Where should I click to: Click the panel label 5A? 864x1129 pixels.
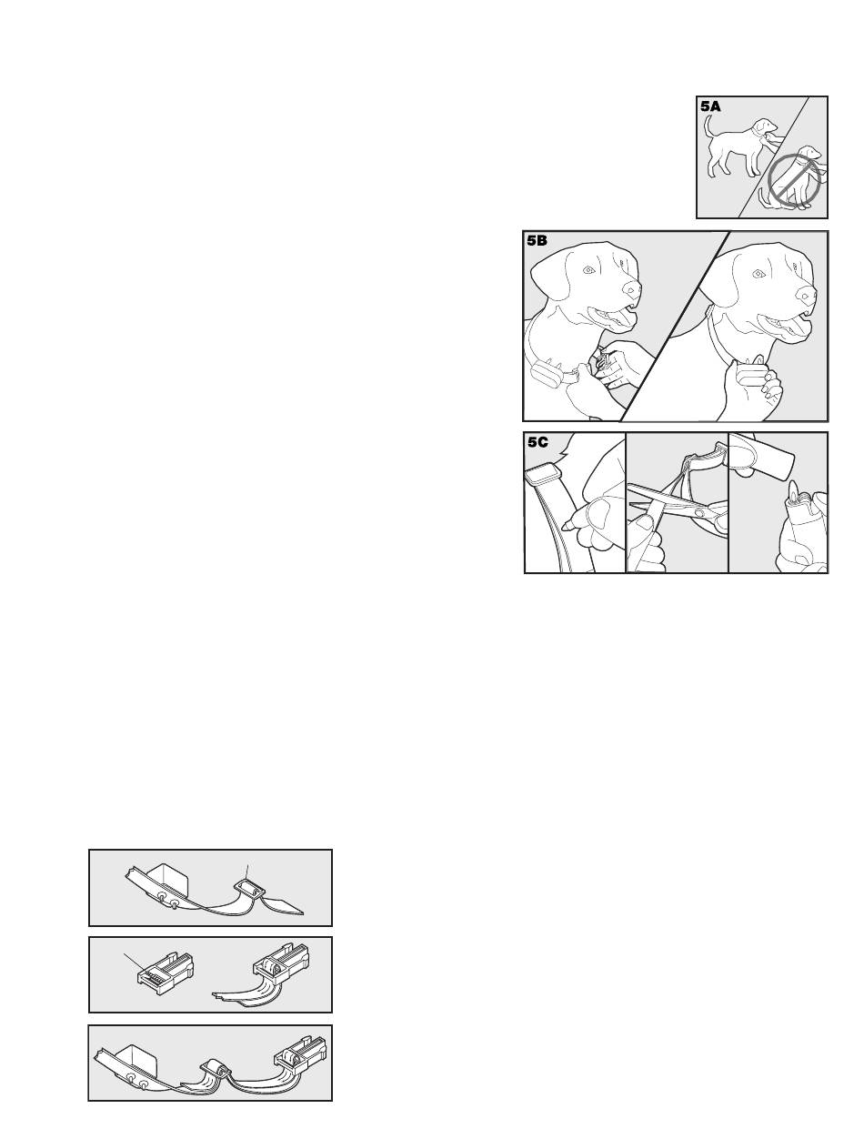(x=710, y=106)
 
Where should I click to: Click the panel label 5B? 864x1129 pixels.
(x=537, y=241)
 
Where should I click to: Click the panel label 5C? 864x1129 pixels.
(x=537, y=442)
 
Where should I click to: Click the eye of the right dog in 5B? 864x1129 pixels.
(x=757, y=274)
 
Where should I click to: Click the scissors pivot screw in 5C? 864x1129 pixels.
(x=697, y=512)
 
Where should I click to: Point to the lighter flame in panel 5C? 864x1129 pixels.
(x=792, y=490)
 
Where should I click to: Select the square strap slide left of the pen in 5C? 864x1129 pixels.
(x=542, y=474)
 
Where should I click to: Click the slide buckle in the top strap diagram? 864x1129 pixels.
(x=250, y=889)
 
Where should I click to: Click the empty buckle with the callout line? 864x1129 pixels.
(x=166, y=972)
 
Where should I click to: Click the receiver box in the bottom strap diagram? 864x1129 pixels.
(x=134, y=1059)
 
